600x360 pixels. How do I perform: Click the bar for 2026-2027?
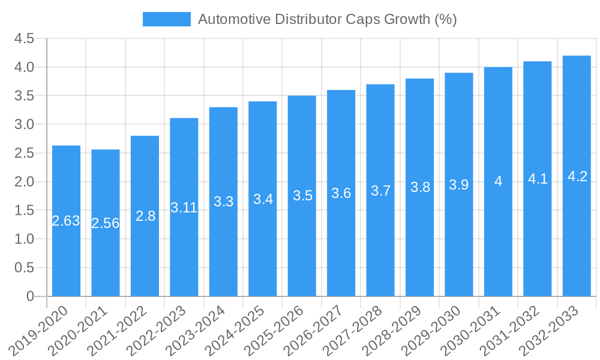point(341,252)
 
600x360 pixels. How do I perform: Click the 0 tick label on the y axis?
point(30,296)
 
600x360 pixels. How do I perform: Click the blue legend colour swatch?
point(166,19)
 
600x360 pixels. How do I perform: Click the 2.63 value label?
point(66,221)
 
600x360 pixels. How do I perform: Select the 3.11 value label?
point(184,208)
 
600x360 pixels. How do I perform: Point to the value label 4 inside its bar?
point(498,181)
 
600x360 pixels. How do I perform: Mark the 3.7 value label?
point(380,191)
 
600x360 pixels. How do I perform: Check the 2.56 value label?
point(106,223)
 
